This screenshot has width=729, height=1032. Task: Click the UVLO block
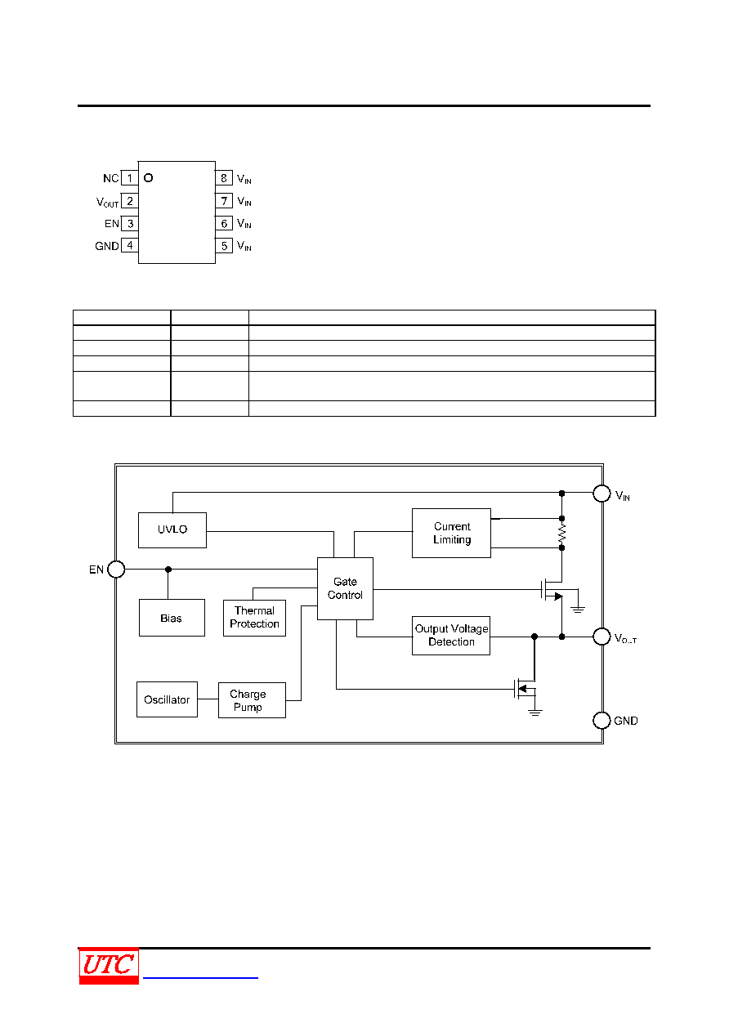click(172, 529)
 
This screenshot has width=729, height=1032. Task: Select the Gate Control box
click(345, 588)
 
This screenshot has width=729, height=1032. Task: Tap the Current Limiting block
click(451, 533)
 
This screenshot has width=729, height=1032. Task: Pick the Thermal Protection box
click(254, 618)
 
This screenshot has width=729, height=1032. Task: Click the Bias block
click(172, 618)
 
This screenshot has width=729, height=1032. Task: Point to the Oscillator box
click(168, 699)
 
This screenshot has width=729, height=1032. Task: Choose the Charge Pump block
click(252, 700)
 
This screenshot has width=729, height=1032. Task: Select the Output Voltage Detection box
click(451, 636)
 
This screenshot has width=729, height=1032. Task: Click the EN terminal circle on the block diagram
click(116, 569)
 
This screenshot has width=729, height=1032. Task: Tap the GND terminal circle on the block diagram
click(602, 721)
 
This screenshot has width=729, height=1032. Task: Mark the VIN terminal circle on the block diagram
click(602, 494)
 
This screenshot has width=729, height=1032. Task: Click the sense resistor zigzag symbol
click(561, 534)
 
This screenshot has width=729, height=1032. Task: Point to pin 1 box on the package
click(129, 178)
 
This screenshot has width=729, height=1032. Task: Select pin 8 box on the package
click(224, 178)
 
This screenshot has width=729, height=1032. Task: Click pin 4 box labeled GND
click(129, 245)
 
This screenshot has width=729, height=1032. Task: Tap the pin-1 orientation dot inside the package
click(149, 178)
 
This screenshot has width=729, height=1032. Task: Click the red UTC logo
click(109, 966)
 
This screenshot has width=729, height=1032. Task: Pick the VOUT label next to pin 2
click(107, 203)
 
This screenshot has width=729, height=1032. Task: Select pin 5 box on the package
click(224, 246)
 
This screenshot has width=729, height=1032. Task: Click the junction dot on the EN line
click(168, 570)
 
